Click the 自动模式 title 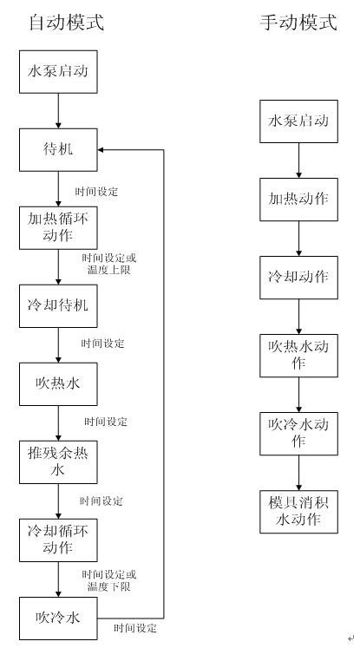(66, 22)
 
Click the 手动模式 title (298, 22)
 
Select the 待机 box (58, 149)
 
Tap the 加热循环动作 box (58, 227)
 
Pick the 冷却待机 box (58, 306)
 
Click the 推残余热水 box (58, 462)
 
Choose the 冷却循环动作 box (58, 540)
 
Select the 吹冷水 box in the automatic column (58, 619)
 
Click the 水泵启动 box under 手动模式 (298, 121)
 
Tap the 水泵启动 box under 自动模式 (58, 72)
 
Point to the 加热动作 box (298, 200)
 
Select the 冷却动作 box (298, 278)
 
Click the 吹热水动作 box (298, 356)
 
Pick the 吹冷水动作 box (298, 434)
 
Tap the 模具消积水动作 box (298, 512)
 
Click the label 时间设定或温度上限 (109, 264)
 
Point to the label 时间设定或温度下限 (109, 580)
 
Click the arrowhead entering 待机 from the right (101, 149)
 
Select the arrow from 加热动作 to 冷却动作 (298, 239)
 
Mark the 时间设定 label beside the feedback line (135, 629)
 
